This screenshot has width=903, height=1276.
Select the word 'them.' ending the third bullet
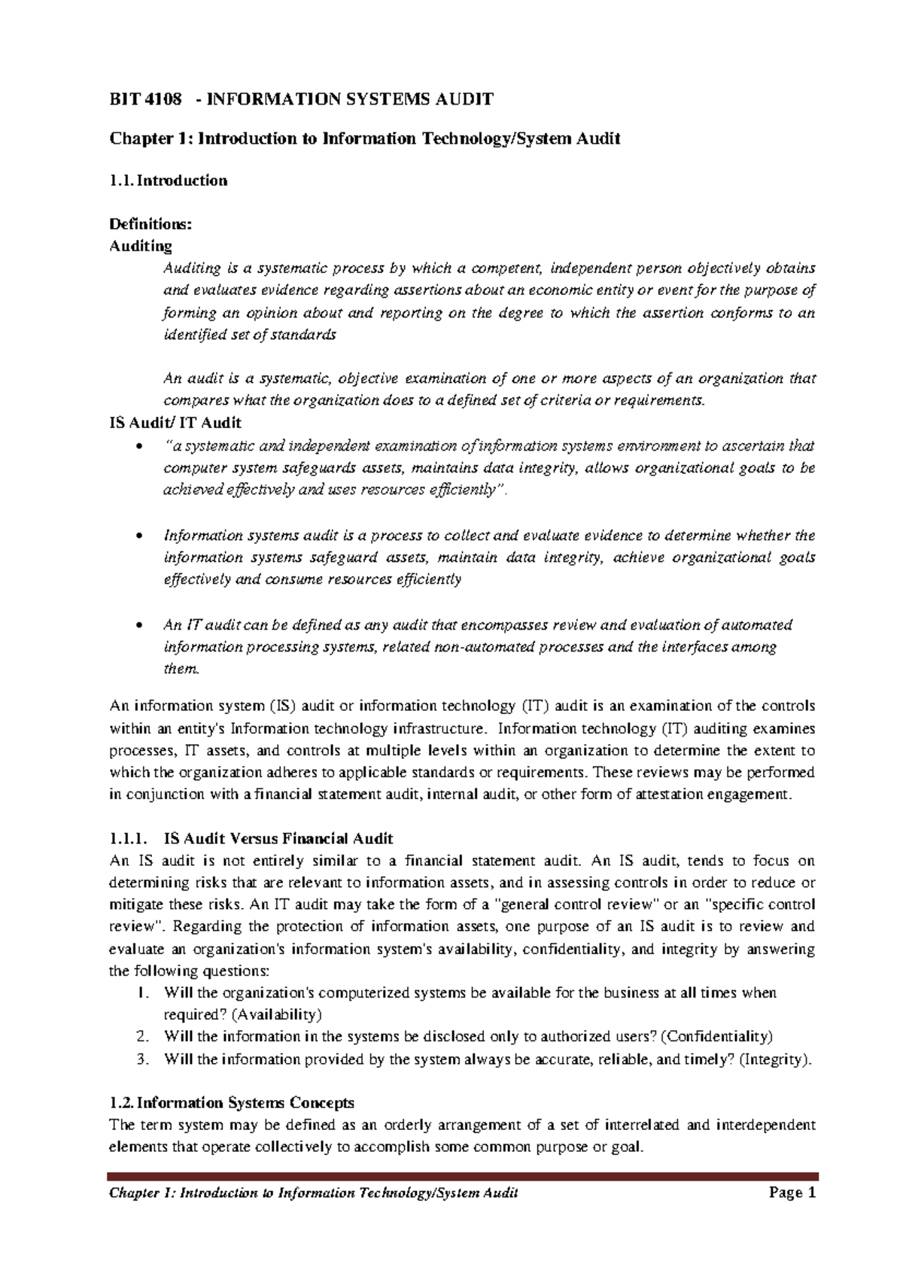(x=182, y=669)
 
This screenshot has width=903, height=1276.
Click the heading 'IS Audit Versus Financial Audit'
(x=278, y=838)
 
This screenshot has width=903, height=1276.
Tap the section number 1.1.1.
(x=129, y=838)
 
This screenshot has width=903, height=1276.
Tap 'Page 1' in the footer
(x=792, y=1192)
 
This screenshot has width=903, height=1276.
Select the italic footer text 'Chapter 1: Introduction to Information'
(x=248, y=1193)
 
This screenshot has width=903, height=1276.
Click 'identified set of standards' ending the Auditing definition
(x=249, y=335)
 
